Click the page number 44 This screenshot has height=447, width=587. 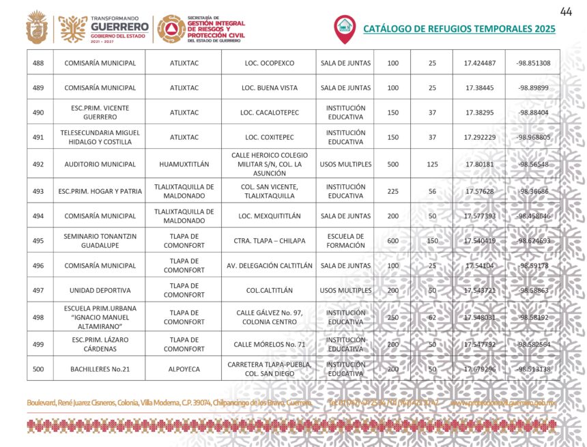(x=565, y=12)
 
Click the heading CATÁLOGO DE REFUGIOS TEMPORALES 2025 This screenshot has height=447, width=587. (x=459, y=29)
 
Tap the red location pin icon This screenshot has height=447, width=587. (x=344, y=27)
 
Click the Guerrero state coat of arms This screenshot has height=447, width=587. (x=37, y=28)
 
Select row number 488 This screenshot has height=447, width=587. (x=38, y=63)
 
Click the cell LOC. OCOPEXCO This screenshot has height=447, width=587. (x=269, y=63)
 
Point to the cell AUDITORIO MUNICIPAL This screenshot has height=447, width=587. (x=100, y=164)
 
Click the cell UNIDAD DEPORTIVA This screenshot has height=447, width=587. (x=100, y=290)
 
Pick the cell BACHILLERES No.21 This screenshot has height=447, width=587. (x=100, y=369)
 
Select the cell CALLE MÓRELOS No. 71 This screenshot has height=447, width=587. (x=269, y=345)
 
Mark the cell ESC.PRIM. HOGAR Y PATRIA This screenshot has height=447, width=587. (x=100, y=191)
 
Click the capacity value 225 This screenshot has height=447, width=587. (x=392, y=191)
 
